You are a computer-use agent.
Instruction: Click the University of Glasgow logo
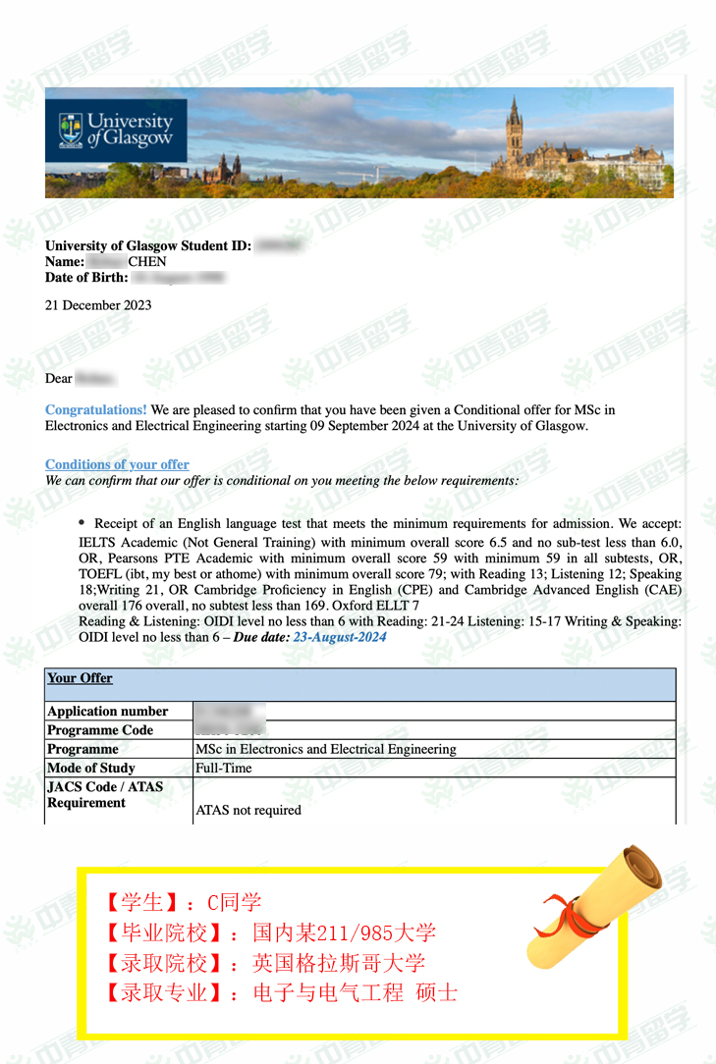[116, 130]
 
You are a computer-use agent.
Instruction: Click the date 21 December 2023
[98, 305]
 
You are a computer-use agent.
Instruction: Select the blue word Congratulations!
[96, 409]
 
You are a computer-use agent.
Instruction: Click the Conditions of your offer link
[117, 464]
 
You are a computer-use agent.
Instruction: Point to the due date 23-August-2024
[340, 637]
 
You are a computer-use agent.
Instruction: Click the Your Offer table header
[80, 678]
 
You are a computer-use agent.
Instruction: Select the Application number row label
[108, 712]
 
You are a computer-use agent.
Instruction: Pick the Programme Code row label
[100, 730]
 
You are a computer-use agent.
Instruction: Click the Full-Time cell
[224, 768]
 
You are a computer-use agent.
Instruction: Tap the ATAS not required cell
[248, 810]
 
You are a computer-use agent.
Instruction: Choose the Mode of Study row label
[91, 768]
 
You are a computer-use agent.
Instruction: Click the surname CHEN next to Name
[147, 262]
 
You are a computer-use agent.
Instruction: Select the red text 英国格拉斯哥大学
[339, 963]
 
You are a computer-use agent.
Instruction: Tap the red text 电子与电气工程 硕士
[356, 992]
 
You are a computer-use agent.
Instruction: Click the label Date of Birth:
[86, 278]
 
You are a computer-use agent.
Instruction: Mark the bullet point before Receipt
[83, 524]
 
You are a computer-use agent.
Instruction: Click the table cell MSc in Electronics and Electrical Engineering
[326, 749]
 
